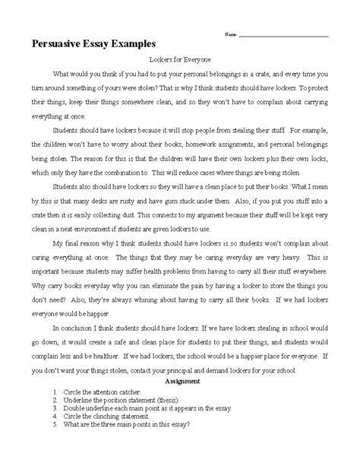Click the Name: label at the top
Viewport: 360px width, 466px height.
pyautogui.click(x=231, y=35)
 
